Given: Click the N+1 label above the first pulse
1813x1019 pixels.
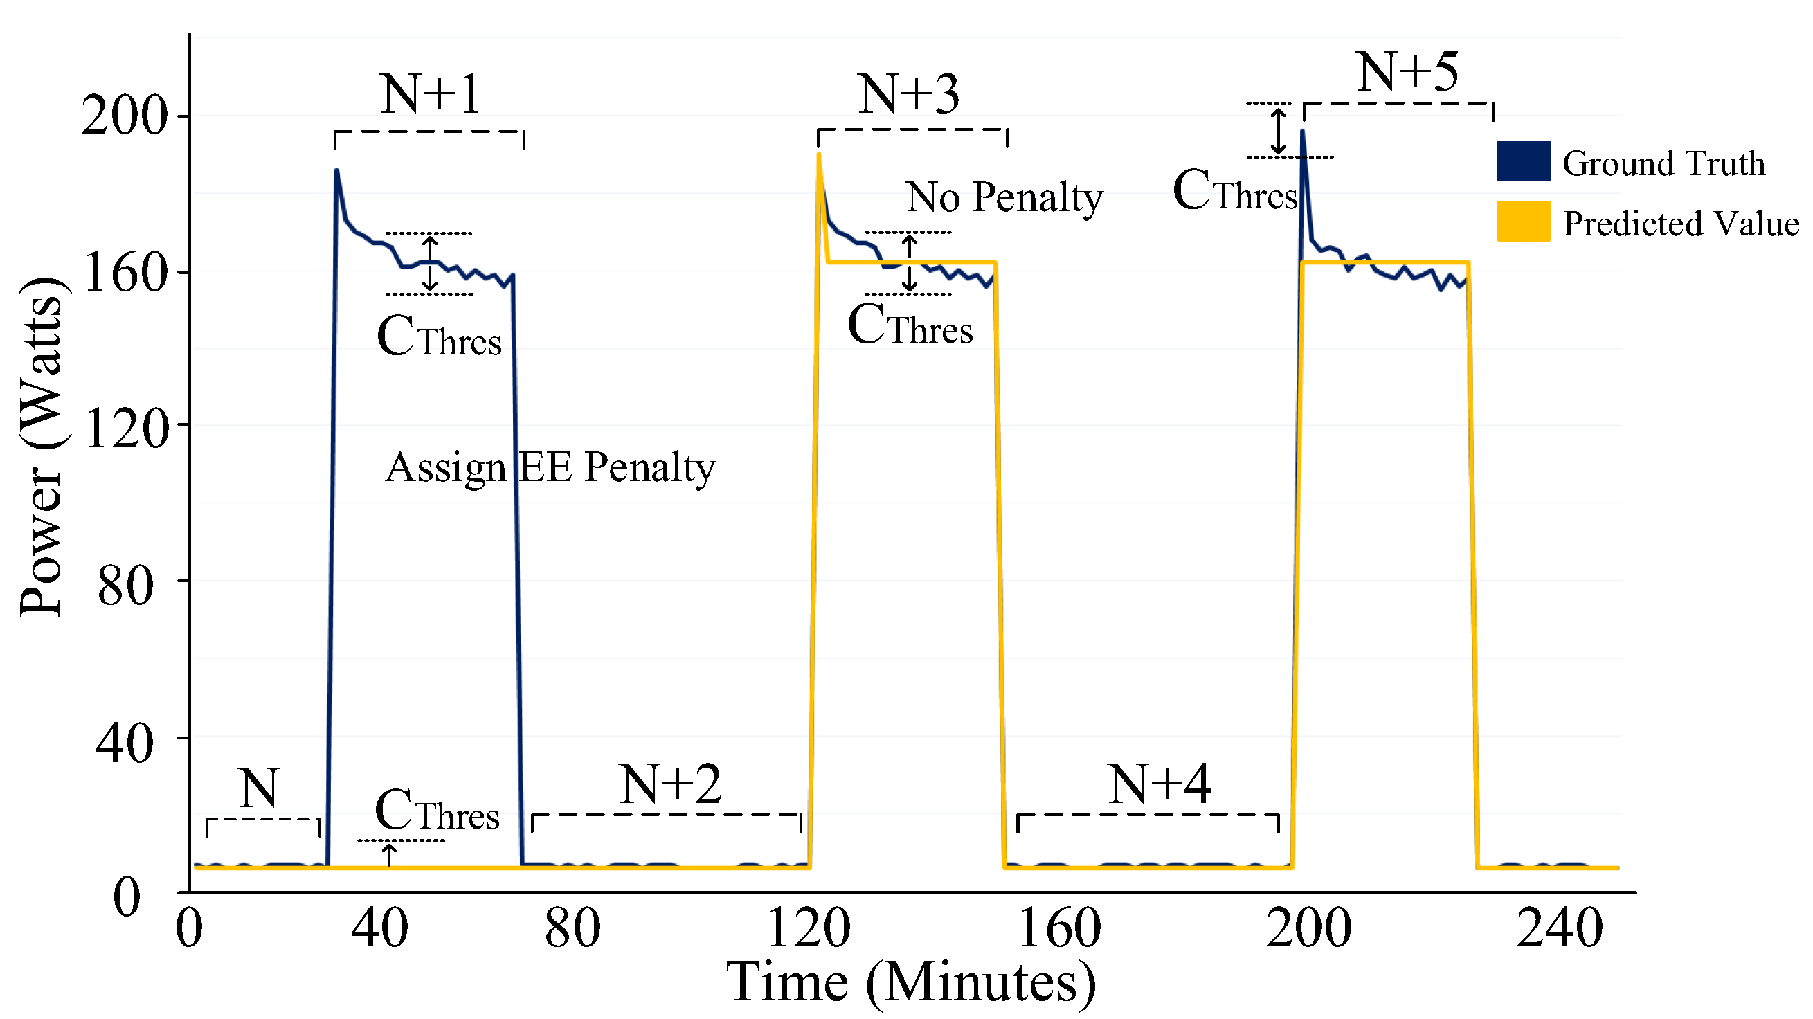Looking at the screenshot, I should pos(431,93).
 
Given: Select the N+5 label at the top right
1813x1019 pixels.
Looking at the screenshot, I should pos(1407,72).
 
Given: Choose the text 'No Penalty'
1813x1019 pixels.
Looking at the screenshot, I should pos(1004,197).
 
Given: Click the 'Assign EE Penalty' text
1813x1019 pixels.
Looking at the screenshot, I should pos(550,467).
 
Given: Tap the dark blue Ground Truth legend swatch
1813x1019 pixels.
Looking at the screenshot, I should pos(1523,161).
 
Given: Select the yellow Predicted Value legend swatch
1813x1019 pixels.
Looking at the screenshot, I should pos(1523,221).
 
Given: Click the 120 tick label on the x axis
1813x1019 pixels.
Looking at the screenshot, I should pos(809,928).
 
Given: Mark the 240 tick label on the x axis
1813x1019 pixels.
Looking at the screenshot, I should pos(1560,928).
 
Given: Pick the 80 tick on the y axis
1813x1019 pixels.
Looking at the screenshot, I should pos(125,586).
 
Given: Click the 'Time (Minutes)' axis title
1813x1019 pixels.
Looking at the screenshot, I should pos(911,982).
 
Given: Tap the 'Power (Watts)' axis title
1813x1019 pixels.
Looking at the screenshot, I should pos(42,447).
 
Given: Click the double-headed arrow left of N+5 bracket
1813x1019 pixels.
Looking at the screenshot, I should pos(1279,131).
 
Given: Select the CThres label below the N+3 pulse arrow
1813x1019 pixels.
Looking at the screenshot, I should pos(910,325).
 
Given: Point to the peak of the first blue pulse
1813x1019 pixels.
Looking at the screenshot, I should pos(336,170).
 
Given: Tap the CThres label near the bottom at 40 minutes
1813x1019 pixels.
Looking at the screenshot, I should pos(437,811).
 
